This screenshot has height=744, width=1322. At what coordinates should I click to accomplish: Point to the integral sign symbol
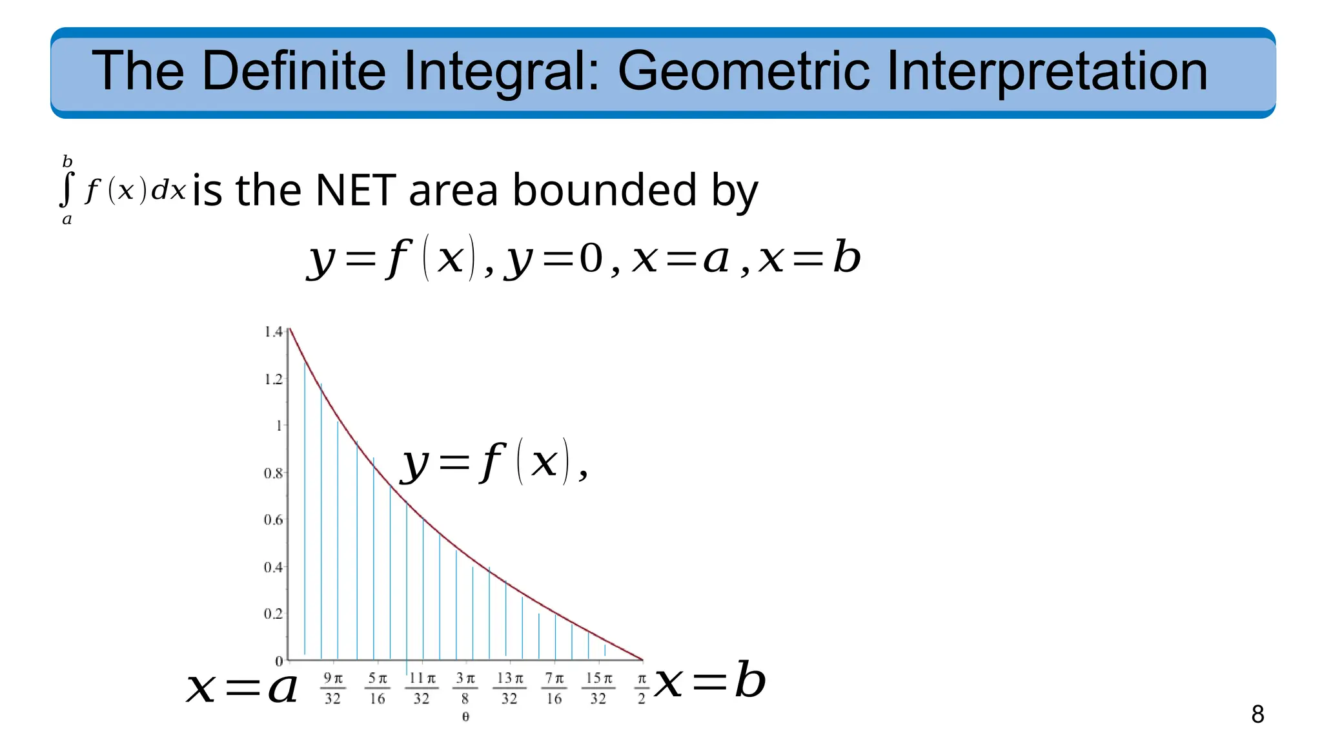tap(66, 189)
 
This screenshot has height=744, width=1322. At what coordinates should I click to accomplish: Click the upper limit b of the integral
tap(67, 161)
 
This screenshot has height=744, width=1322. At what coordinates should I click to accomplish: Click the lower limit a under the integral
tap(66, 220)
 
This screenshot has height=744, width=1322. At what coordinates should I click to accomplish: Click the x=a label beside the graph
tap(242, 687)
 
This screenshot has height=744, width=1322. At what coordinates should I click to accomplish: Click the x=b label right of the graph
tap(709, 681)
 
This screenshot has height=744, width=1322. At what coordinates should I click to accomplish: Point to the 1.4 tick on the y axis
tap(274, 332)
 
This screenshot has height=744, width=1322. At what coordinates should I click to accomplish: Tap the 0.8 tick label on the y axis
tap(273, 473)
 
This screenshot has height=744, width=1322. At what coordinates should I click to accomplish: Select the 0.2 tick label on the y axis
tap(273, 614)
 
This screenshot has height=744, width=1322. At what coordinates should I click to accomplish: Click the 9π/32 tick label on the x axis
tap(333, 688)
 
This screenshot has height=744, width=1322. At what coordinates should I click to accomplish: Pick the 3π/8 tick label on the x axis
tap(465, 688)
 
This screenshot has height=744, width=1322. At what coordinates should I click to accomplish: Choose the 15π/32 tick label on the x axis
tap(598, 688)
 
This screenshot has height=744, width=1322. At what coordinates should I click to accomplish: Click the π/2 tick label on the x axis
tap(642, 688)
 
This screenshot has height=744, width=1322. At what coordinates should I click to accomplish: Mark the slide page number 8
tap(1257, 714)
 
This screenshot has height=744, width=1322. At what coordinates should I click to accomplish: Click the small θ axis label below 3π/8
tap(465, 717)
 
